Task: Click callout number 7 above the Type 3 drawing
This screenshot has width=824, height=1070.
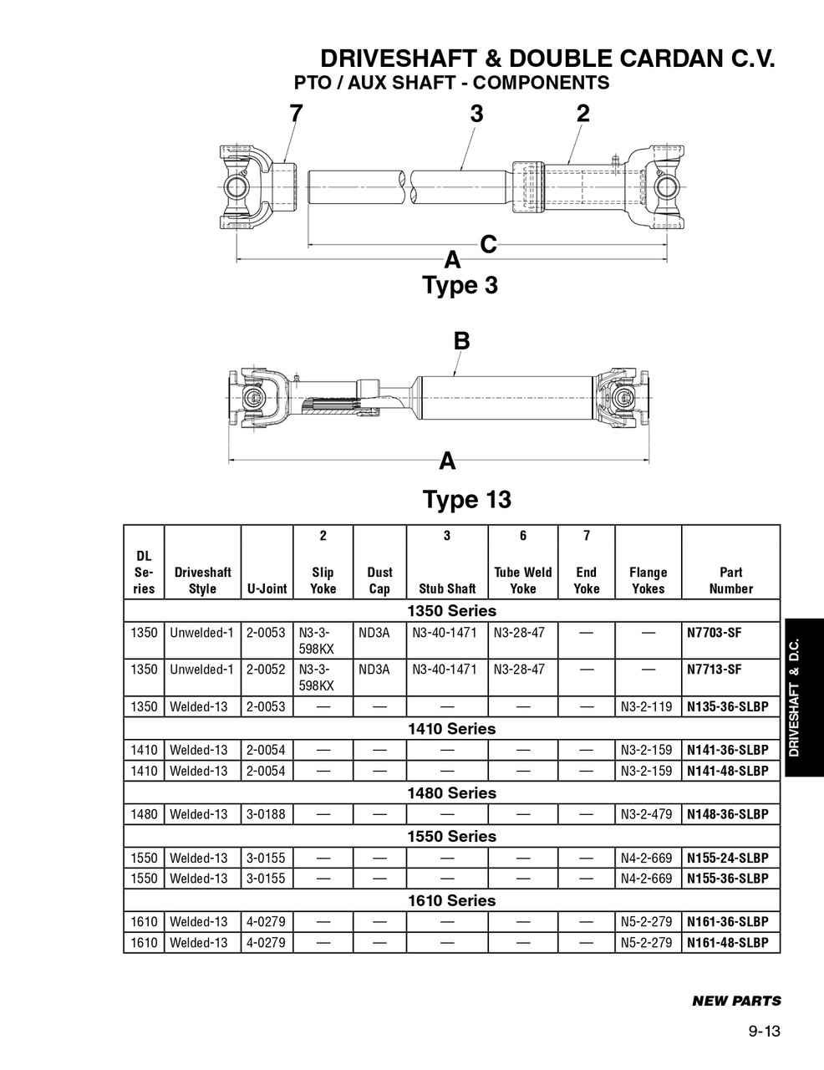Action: pos(295,114)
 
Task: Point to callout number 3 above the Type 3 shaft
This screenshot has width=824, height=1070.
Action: pos(476,114)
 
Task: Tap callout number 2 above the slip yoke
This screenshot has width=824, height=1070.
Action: pos(583,114)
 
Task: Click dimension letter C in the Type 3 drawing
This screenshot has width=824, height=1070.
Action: pos(489,244)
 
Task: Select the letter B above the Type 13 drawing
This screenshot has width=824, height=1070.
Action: pos(461,341)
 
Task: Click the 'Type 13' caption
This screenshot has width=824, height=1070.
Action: pos(466,500)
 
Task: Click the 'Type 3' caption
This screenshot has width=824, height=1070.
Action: pos(460,285)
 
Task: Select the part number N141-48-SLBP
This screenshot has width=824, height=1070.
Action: pos(727,771)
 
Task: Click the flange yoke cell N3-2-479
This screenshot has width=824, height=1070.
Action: pos(646,814)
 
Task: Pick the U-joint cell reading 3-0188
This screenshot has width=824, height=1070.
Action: pos(266,814)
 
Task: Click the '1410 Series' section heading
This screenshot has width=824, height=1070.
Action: pos(451,729)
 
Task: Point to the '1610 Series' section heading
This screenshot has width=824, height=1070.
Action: pos(451,900)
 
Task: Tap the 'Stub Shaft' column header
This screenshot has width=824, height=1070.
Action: pos(447,588)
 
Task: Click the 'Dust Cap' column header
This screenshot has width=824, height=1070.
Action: pos(379,580)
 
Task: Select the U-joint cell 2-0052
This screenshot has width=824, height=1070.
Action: pos(266,670)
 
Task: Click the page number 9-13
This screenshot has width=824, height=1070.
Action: pos(764,1032)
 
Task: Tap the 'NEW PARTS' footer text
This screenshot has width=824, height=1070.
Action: pos(736,1001)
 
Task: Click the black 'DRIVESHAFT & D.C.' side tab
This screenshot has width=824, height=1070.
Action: pos(803,698)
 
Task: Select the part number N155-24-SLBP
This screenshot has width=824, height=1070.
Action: pos(727,858)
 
